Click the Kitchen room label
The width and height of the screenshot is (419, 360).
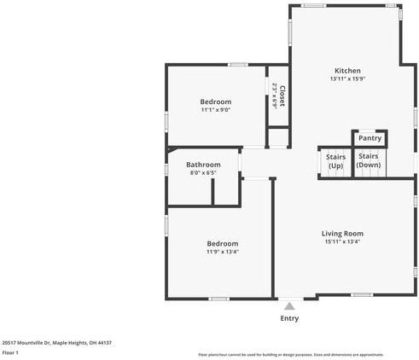(x=347, y=71)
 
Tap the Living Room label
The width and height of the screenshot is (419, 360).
(x=342, y=234)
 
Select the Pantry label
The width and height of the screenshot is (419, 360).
(x=370, y=138)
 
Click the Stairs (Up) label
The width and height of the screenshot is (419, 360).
(x=334, y=160)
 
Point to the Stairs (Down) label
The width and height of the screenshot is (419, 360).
(x=369, y=160)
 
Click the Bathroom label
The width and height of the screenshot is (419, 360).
(x=203, y=165)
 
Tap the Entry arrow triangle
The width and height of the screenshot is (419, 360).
(x=289, y=305)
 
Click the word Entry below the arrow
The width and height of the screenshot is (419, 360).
(x=289, y=318)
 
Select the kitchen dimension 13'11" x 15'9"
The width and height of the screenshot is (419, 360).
(x=347, y=79)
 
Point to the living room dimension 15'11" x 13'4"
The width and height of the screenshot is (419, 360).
(x=342, y=242)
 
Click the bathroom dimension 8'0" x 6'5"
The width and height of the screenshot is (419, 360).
(x=203, y=173)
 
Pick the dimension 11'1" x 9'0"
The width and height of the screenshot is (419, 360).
(x=216, y=110)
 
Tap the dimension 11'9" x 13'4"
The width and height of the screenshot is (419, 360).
(x=222, y=252)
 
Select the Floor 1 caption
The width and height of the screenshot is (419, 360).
(x=10, y=352)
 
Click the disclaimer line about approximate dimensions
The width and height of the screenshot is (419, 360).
(x=291, y=354)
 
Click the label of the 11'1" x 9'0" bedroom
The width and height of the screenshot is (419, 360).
(x=216, y=102)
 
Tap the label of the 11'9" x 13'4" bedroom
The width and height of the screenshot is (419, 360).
(x=222, y=243)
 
